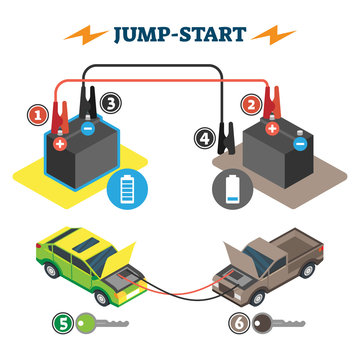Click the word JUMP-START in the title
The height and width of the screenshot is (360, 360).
180,36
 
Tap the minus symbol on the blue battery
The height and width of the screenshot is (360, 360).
88,128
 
